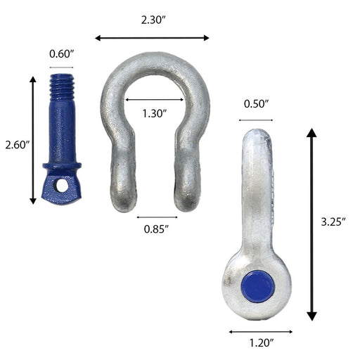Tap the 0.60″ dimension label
(x=62, y=54)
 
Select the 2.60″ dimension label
(x=17, y=145)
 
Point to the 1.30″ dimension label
(x=155, y=113)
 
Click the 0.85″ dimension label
(x=157, y=229)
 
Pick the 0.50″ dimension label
(x=257, y=104)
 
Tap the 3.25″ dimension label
(x=333, y=221)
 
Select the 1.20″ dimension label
(x=261, y=343)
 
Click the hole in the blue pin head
(x=62, y=186)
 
